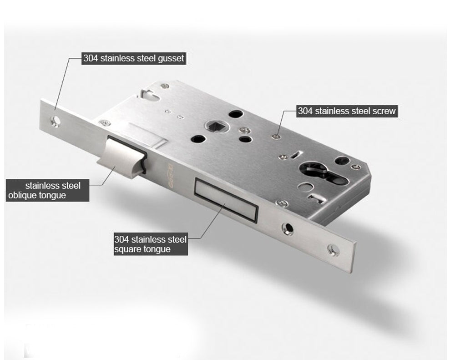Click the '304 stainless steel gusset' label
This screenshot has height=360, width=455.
tap(133, 58)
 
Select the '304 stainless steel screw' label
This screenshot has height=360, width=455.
tap(347, 111)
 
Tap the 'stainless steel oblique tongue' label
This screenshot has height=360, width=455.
tap(48, 190)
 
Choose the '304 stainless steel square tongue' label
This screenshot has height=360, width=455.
tap(151, 244)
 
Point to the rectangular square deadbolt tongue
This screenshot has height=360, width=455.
tap(226, 200)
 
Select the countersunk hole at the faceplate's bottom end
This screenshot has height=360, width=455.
tap(334, 250)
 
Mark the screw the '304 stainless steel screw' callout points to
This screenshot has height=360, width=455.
tap(277, 136)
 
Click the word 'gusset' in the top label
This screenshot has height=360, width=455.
tap(171, 59)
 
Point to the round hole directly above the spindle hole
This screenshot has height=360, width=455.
tap(235, 113)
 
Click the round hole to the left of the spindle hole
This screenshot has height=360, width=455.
tap(198, 139)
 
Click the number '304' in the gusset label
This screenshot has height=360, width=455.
tap(91, 58)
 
